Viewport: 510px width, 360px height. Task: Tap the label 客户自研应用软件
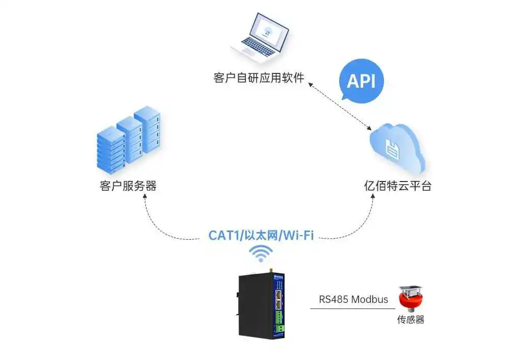coord(259,79)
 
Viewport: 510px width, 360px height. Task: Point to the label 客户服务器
coord(128,186)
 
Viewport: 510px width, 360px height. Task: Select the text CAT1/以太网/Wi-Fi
coord(261,236)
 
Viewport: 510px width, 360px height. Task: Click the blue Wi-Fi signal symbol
coord(261,253)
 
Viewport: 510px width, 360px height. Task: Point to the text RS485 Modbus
coord(353,299)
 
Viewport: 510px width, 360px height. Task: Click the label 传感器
coord(411,320)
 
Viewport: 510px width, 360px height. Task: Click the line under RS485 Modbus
coord(352,308)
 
